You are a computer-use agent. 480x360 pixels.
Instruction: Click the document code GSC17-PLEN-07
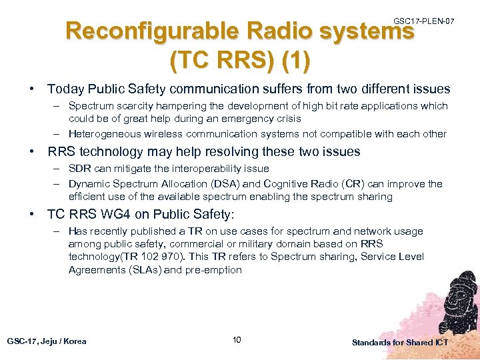[424, 22]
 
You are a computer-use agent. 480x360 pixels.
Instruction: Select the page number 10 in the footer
[237, 341]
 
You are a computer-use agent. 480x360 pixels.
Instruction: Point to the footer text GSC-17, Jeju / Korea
[47, 341]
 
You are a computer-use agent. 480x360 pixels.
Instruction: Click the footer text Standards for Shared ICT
[400, 342]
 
